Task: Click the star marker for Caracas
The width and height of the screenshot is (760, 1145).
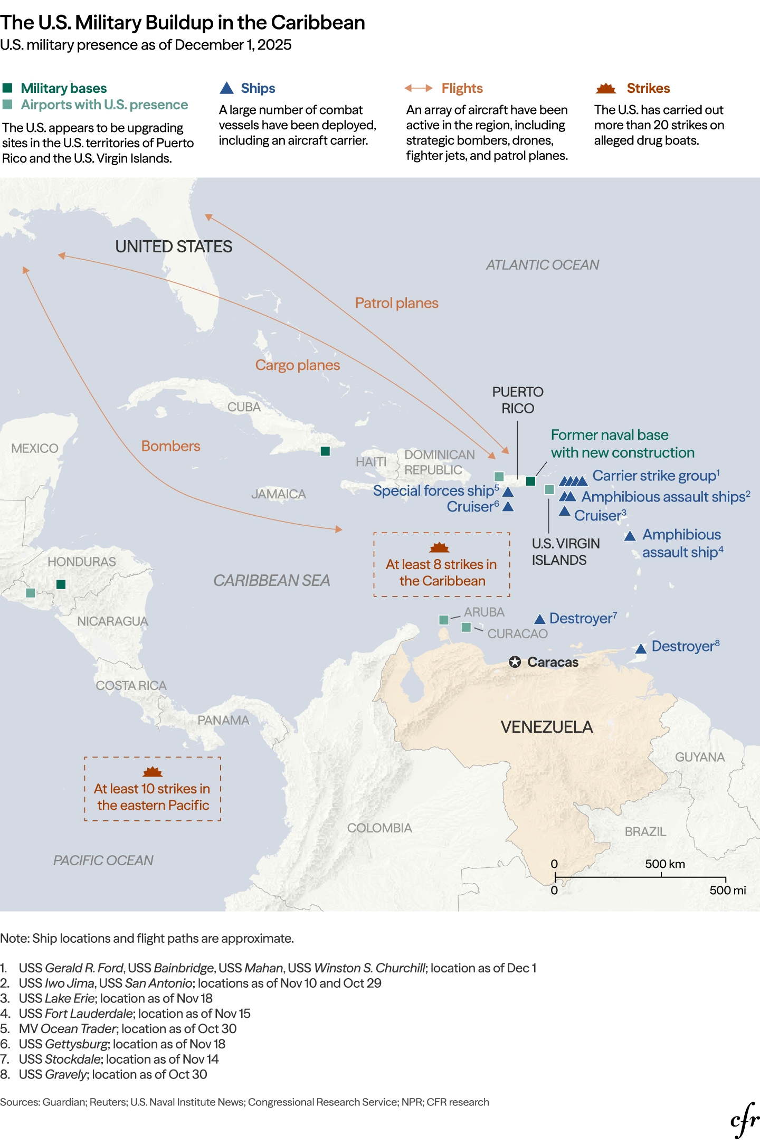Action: (515, 662)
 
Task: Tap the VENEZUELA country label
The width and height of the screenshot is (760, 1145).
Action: (547, 727)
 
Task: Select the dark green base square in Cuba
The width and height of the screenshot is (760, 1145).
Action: (325, 451)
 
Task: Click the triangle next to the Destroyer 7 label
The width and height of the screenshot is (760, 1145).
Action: (539, 619)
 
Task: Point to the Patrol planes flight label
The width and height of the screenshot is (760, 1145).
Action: (396, 303)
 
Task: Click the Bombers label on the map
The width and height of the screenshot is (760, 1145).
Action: (170, 446)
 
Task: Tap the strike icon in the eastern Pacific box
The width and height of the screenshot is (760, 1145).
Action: (153, 772)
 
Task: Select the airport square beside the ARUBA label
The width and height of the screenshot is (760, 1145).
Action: (444, 620)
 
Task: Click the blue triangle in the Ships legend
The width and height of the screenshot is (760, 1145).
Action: (226, 88)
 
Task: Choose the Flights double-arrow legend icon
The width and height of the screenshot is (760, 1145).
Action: (419, 88)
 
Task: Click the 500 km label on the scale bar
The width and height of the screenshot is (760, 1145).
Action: (664, 864)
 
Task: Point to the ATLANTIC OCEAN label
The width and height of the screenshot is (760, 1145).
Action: (542, 265)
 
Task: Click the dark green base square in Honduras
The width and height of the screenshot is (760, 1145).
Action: (61, 584)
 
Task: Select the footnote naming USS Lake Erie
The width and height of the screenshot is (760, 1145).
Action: (115, 998)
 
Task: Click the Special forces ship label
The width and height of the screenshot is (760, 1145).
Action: (433, 491)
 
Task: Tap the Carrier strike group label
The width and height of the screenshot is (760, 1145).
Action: (654, 476)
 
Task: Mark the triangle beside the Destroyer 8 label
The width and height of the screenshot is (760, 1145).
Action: (641, 649)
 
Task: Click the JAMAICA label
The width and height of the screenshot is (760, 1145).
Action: (278, 494)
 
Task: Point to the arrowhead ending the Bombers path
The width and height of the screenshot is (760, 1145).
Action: (339, 529)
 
